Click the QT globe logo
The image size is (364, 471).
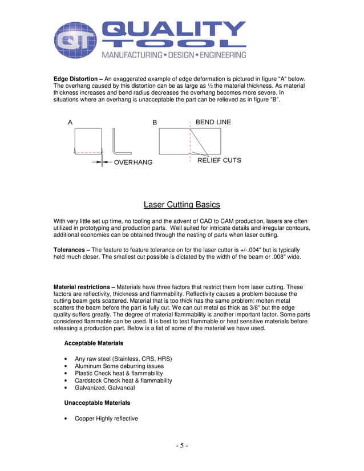coord(75,40)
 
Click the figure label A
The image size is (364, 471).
coord(70,122)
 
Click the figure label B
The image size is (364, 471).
coord(155,122)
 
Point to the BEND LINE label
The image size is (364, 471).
coord(213,122)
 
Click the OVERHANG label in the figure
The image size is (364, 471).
coord(133,162)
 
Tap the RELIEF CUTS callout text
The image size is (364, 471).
coord(219,160)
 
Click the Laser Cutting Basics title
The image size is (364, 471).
coord(181,205)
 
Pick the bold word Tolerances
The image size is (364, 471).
coord(72,250)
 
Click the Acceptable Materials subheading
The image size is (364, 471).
coord(94,343)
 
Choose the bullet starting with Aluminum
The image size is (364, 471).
coord(119,366)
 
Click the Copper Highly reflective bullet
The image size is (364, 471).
coord(106,419)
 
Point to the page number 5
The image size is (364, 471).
coord(181,445)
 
